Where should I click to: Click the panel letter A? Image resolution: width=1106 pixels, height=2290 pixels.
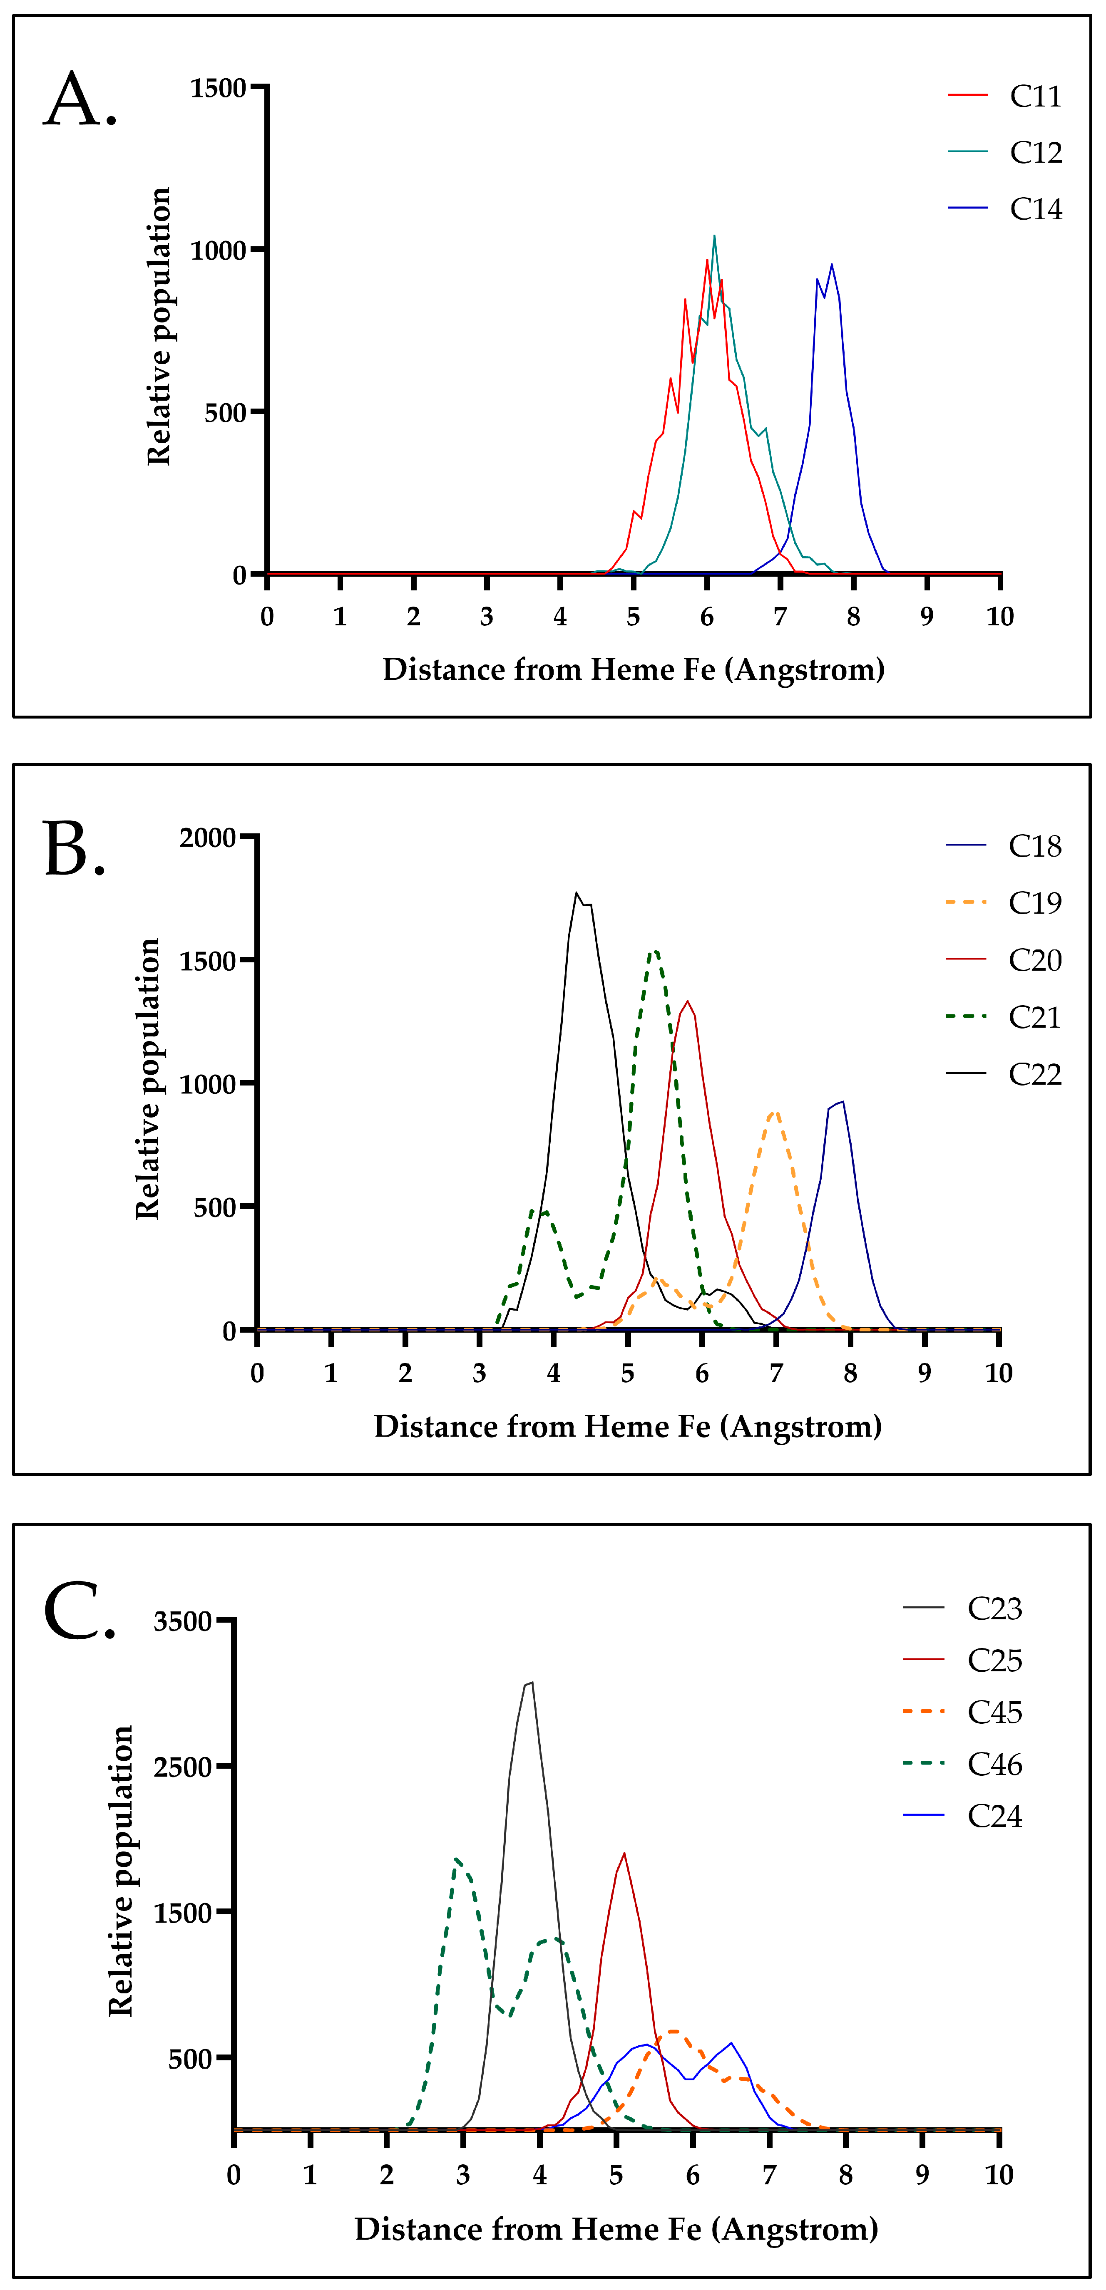click(80, 99)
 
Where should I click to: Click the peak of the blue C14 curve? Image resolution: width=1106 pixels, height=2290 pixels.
click(831, 264)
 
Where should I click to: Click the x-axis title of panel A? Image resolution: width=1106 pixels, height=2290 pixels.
click(633, 669)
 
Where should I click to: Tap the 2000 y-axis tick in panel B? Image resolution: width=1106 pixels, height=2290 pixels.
click(208, 838)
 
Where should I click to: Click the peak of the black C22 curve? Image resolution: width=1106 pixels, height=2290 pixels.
click(576, 892)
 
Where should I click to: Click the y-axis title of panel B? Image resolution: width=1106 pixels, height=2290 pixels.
click(148, 1078)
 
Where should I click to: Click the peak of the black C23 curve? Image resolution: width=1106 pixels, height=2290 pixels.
click(531, 1682)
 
